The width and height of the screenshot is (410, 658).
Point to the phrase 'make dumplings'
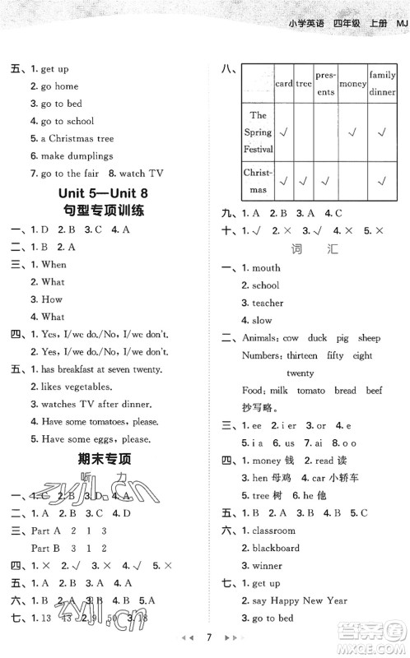coord(77,156)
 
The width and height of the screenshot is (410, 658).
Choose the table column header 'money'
coord(352,84)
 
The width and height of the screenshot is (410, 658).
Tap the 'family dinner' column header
coord(382,83)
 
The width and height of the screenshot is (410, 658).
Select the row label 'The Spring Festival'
coord(258,132)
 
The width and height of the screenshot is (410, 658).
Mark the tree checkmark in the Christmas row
coord(304,181)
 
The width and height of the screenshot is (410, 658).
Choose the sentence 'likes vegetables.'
coord(82,387)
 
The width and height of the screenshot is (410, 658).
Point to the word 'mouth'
coord(266,268)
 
